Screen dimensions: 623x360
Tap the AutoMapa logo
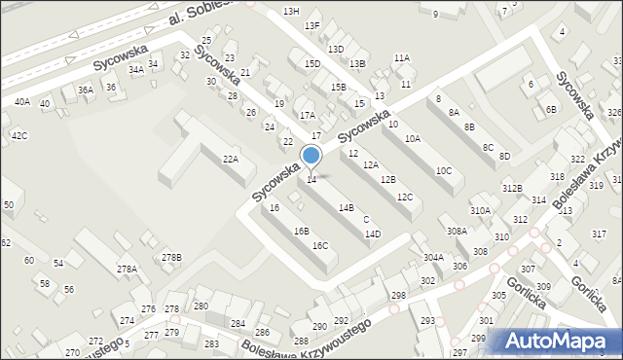coord(558,341)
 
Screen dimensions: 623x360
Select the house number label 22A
coord(230,159)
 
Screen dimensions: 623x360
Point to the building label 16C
coord(319,245)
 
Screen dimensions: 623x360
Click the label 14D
coord(372,234)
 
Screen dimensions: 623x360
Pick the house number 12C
coord(405,198)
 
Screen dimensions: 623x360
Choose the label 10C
coord(444,170)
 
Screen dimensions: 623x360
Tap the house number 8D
coord(504,156)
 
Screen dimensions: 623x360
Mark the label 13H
coord(291,11)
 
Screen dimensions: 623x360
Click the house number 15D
coord(312,64)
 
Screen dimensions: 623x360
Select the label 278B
coord(171,257)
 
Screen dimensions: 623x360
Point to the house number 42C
coord(19,135)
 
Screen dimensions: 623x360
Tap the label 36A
coord(86,90)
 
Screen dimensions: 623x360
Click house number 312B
coord(513,188)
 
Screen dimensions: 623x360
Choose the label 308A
coord(457,231)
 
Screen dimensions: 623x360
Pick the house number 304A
coord(433,257)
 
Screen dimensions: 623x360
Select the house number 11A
coord(402,58)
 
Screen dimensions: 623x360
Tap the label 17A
coord(307,115)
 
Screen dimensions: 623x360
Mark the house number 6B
coord(551,109)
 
